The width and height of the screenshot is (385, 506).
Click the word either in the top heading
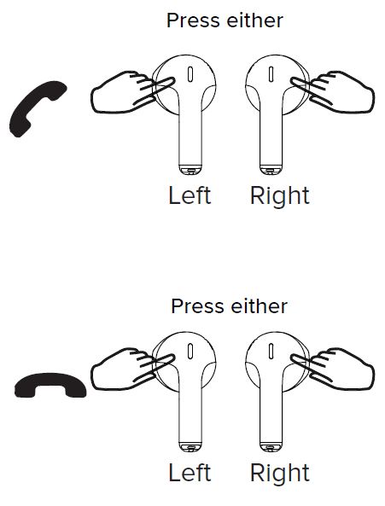pos(255,20)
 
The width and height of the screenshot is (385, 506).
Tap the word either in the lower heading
pos(260,306)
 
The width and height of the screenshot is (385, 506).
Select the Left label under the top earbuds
pos(190,195)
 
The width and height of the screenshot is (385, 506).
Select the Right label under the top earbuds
pos(280,196)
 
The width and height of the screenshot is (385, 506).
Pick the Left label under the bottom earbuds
pos(190,473)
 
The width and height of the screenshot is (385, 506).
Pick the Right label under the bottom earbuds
pos(280,473)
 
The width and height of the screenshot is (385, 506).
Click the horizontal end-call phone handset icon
pos(50,385)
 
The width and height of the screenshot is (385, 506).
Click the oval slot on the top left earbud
pos(190,74)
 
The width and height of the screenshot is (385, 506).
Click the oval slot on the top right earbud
pos(271,74)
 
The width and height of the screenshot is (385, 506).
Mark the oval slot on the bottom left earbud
pos(190,351)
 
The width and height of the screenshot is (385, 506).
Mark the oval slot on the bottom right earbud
pos(271,351)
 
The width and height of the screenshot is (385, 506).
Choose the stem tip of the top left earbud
pos(190,170)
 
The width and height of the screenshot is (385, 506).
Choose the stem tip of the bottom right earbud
pos(271,447)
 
